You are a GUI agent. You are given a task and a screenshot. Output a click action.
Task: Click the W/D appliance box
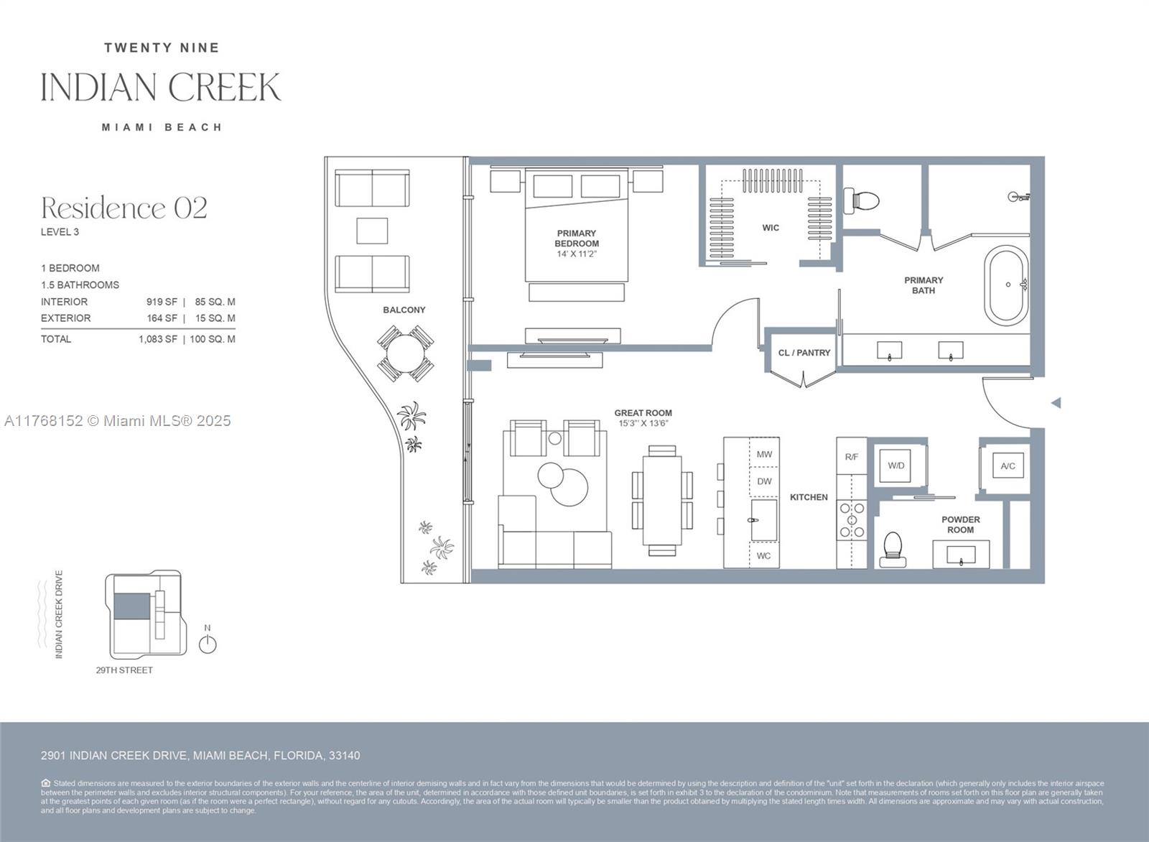(x=896, y=466)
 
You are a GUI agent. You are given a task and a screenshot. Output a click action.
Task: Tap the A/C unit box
(x=1008, y=466)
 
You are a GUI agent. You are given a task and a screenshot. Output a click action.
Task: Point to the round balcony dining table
(x=406, y=353)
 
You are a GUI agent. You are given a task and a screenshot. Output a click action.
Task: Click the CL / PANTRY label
(x=804, y=353)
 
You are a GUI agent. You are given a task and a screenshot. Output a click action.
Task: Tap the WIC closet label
(x=771, y=228)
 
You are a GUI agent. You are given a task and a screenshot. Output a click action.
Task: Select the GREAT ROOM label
(x=643, y=413)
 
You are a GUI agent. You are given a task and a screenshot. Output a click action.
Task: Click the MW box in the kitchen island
(x=764, y=454)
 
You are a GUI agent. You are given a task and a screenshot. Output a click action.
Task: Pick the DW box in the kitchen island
(x=764, y=481)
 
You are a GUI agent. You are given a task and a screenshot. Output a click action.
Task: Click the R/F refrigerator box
(x=852, y=457)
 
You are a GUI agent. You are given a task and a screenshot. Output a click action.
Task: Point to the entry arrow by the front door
(x=1056, y=403)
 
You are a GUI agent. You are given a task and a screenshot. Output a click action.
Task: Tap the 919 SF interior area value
(x=162, y=302)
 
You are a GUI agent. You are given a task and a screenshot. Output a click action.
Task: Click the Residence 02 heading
(x=124, y=208)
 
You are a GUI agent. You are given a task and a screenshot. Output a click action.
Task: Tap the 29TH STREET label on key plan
(x=124, y=670)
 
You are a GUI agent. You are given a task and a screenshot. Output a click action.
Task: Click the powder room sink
(x=961, y=555)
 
